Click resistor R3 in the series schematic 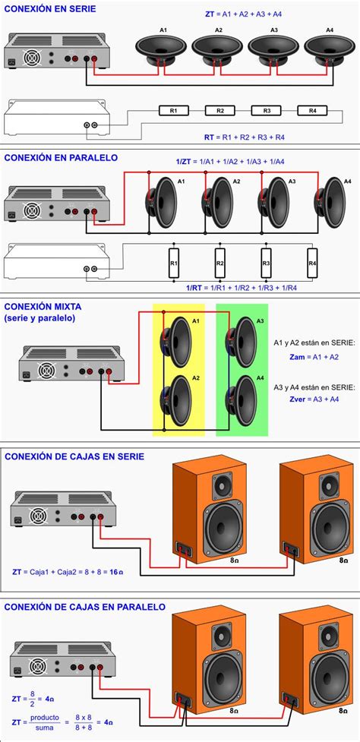click(267, 111)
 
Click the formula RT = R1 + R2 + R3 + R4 click(244, 137)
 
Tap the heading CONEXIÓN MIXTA click(43, 307)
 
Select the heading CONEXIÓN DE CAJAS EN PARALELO click(84, 607)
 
